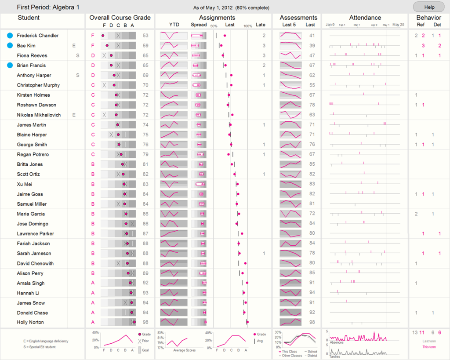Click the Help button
tap(428, 7)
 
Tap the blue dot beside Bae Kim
tap(10, 45)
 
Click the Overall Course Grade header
tap(120, 18)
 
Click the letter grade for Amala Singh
tap(93, 283)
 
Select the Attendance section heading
tap(365, 18)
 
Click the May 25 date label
tap(398, 25)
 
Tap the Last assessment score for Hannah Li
tap(312, 293)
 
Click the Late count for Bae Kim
tap(264, 46)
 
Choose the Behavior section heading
tap(428, 18)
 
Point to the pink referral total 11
tap(422, 332)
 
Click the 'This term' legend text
tap(429, 347)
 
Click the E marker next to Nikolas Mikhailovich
tap(74, 115)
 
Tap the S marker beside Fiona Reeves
tap(77, 55)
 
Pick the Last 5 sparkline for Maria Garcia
tap(290, 214)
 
